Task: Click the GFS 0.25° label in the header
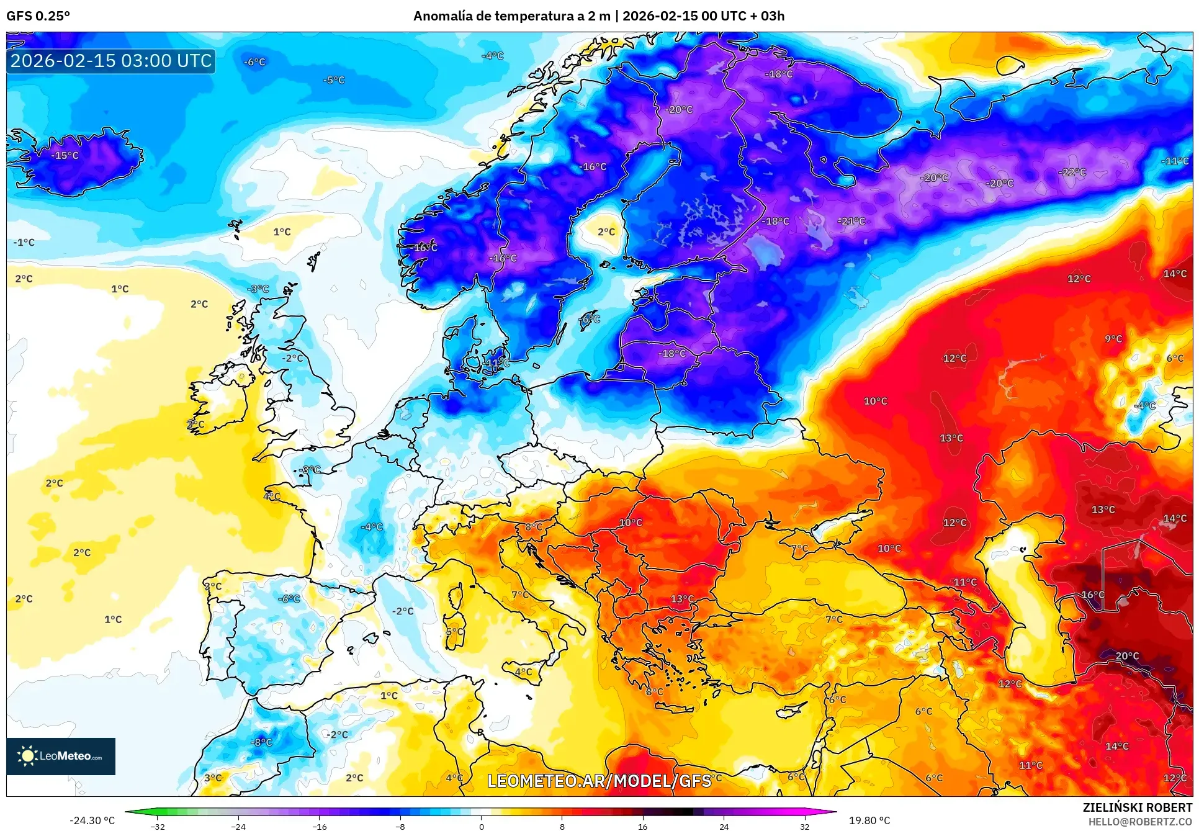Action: click(38, 16)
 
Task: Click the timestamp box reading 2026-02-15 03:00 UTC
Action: click(111, 61)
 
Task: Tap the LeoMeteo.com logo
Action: click(61, 756)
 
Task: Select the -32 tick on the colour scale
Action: click(158, 826)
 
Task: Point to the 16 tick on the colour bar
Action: click(642, 826)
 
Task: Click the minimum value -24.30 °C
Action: click(92, 820)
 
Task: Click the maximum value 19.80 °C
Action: click(869, 820)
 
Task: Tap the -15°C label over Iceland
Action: click(65, 155)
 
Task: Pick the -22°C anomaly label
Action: click(1072, 172)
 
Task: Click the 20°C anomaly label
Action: click(1127, 655)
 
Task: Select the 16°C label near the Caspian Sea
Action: click(1093, 595)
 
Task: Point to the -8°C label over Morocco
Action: click(261, 742)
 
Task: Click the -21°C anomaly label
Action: click(851, 221)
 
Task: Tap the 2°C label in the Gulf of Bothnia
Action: click(606, 231)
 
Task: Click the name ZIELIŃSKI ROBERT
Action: click(1137, 807)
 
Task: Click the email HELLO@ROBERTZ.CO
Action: click(1140, 822)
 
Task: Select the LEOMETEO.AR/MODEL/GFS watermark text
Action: click(599, 781)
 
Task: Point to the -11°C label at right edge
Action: click(1175, 161)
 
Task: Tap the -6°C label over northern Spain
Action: click(289, 599)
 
